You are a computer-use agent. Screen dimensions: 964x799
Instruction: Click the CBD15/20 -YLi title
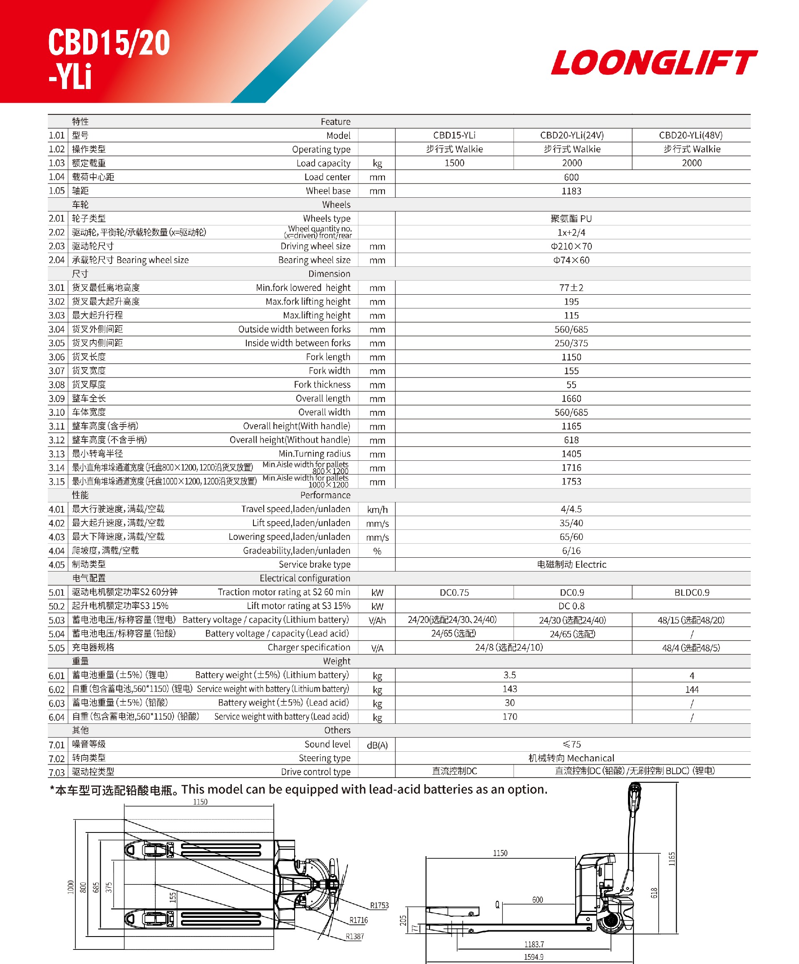pyautogui.click(x=109, y=58)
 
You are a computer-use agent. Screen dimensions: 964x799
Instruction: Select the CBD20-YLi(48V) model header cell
pyautogui.click(x=691, y=135)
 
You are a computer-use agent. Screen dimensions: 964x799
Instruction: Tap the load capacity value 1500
pyautogui.click(x=454, y=163)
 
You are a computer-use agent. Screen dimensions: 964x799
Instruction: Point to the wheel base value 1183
pyautogui.click(x=571, y=191)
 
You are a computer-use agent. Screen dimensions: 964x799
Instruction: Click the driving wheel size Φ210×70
pyautogui.click(x=571, y=246)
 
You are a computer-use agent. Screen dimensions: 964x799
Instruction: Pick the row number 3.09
pyautogui.click(x=57, y=398)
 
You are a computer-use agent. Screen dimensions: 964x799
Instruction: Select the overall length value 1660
pyautogui.click(x=571, y=398)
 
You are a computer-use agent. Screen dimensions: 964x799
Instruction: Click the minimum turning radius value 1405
pyautogui.click(x=571, y=454)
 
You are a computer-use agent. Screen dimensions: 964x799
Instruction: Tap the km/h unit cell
pyautogui.click(x=377, y=509)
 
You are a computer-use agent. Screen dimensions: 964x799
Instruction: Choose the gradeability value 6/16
pyautogui.click(x=571, y=550)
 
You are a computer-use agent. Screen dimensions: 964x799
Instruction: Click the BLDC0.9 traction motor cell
pyautogui.click(x=692, y=592)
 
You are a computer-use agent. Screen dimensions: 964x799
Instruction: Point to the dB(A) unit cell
pyautogui.click(x=377, y=745)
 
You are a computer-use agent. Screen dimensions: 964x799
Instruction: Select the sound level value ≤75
pyautogui.click(x=571, y=744)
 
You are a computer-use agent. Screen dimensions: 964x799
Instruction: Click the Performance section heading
pyautogui.click(x=325, y=495)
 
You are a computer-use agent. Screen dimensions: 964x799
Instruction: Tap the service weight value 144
pyautogui.click(x=692, y=689)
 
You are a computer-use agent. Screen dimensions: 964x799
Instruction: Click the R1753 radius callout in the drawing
pyautogui.click(x=379, y=905)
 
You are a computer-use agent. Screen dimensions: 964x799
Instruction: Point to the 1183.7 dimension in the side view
pyautogui.click(x=534, y=944)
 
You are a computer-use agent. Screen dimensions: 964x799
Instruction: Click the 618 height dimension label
pyautogui.click(x=654, y=893)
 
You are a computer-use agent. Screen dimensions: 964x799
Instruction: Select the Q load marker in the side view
pyautogui.click(x=497, y=904)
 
